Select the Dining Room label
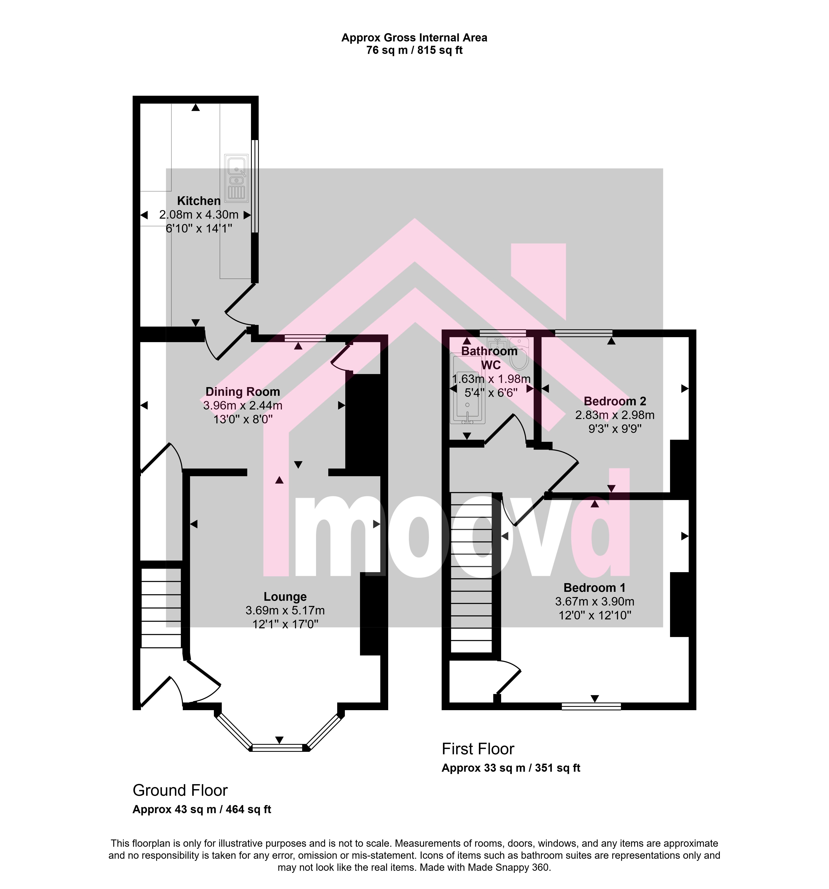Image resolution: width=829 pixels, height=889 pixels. [243, 392]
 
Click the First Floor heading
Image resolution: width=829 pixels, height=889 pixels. [478, 749]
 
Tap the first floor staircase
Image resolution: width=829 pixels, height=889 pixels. [471, 572]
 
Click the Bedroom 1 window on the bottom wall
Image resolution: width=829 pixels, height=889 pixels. [591, 706]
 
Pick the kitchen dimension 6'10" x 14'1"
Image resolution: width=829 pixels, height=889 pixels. [199, 229]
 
